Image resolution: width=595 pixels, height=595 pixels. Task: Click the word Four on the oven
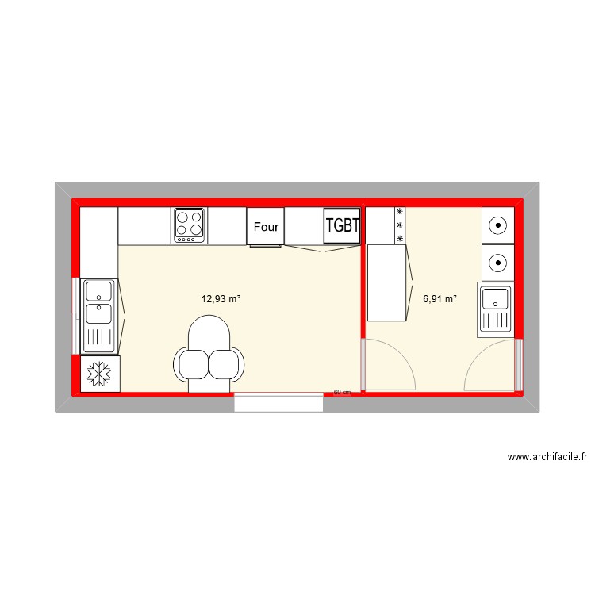pyautogui.click(x=266, y=227)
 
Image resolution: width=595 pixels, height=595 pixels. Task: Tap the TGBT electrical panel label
pyautogui.click(x=343, y=226)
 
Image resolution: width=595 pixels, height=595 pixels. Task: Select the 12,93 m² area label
pyautogui.click(x=221, y=299)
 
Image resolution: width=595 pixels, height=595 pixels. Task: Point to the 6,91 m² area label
pyautogui.click(x=440, y=299)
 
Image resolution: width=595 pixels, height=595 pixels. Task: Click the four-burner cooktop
pyautogui.click(x=190, y=226)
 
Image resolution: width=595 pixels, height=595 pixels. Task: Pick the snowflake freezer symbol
pyautogui.click(x=99, y=374)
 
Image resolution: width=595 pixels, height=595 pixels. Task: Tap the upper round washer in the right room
pyautogui.click(x=497, y=225)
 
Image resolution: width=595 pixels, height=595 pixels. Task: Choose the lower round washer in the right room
pyautogui.click(x=497, y=260)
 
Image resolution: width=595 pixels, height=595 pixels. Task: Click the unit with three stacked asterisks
pyautogui.click(x=400, y=226)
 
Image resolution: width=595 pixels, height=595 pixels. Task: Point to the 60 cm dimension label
pyautogui.click(x=342, y=392)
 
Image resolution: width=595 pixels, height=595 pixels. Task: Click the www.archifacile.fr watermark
pyautogui.click(x=547, y=457)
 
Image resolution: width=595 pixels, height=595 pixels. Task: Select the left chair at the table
pyautogui.click(x=193, y=363)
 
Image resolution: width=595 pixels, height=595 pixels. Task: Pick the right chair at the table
pyautogui.click(x=225, y=363)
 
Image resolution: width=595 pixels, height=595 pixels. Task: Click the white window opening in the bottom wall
pyautogui.click(x=278, y=402)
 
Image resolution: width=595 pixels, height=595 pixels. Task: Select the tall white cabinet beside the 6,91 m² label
pyautogui.click(x=386, y=282)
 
